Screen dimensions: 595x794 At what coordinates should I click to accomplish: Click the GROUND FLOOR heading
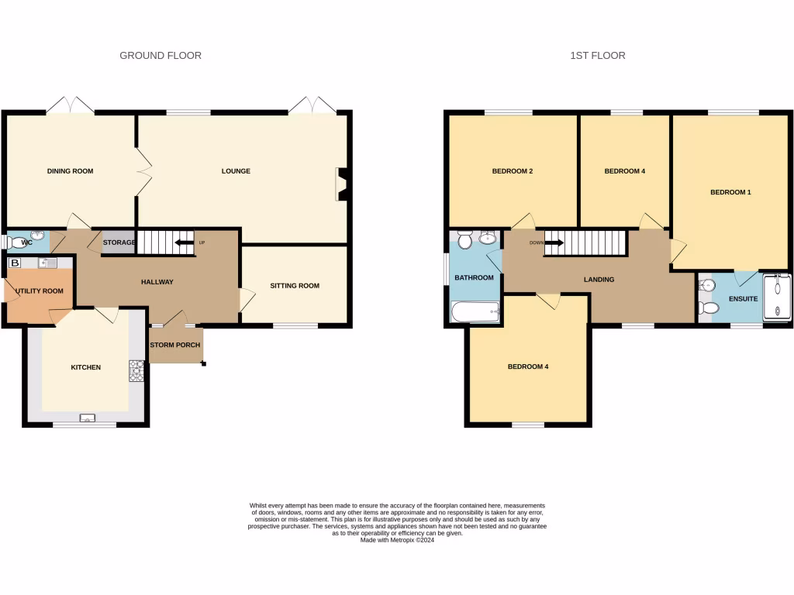click(161, 56)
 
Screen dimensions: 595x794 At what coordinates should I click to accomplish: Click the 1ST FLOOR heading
click(598, 56)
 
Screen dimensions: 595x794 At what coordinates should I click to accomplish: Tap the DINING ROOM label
click(71, 171)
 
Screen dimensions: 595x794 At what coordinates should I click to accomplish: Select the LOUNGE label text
click(236, 171)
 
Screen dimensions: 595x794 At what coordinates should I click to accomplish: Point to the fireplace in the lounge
click(341, 184)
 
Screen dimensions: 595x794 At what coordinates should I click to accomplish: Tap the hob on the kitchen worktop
click(136, 372)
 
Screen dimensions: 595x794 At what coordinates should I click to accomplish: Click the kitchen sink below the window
click(86, 419)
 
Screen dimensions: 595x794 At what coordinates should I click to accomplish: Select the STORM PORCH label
click(175, 345)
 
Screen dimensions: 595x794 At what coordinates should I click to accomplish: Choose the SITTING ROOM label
click(295, 286)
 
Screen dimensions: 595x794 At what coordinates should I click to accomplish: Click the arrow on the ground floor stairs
click(184, 242)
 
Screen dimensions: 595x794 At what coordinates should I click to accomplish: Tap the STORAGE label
click(119, 242)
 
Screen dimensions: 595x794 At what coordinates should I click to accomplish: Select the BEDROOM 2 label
click(513, 171)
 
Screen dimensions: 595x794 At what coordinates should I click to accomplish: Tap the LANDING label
click(599, 280)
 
